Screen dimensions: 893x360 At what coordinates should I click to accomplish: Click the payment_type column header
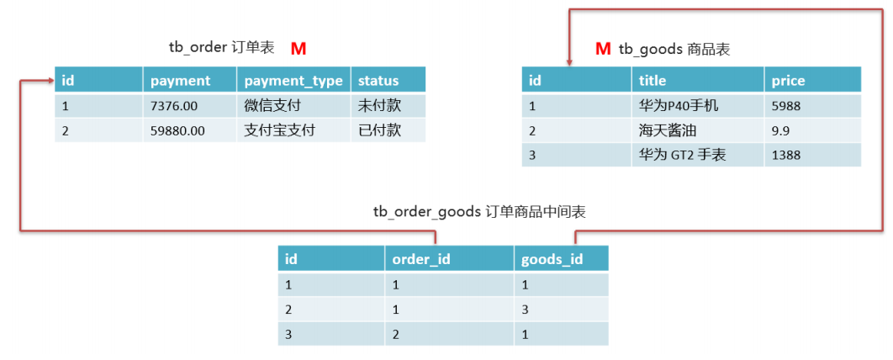pyautogui.click(x=293, y=81)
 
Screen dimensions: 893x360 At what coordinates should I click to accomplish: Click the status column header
pyautogui.click(x=378, y=81)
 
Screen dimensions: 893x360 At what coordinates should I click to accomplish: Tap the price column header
pyautogui.click(x=788, y=81)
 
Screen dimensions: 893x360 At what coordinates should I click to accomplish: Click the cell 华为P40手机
pyautogui.click(x=679, y=106)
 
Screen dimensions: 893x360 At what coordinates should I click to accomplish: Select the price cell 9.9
pyautogui.click(x=779, y=130)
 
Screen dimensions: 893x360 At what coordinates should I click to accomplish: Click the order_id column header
pyautogui.click(x=421, y=259)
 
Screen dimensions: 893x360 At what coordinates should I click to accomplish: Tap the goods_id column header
pyautogui.click(x=552, y=259)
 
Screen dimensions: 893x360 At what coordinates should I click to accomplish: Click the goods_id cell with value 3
pyautogui.click(x=526, y=309)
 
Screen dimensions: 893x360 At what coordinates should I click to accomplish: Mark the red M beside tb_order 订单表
pyautogui.click(x=299, y=49)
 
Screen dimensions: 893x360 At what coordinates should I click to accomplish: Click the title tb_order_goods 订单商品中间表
pyautogui.click(x=479, y=212)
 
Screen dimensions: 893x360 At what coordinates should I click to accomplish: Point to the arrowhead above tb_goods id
pyautogui.click(x=569, y=61)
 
